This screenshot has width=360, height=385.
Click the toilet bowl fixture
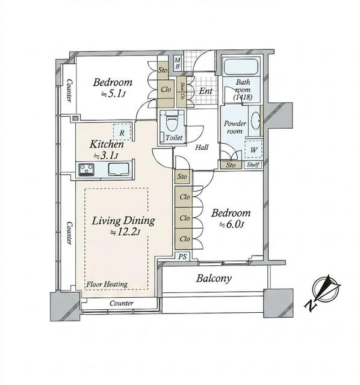[x=172, y=122]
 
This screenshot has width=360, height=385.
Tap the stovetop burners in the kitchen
[x=86, y=170]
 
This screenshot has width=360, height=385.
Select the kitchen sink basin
[x=119, y=170]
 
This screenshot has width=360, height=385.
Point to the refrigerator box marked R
[x=122, y=132]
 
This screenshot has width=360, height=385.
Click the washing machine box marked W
[x=253, y=149]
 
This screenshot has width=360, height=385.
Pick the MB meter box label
[x=178, y=63]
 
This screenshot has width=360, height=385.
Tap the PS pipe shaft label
[x=182, y=257]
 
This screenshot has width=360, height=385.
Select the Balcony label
[x=214, y=279]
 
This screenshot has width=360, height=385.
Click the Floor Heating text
[x=107, y=285]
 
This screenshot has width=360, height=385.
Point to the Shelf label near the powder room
[x=253, y=164]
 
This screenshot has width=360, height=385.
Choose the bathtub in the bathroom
[x=241, y=66]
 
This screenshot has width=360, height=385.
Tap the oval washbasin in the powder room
[x=256, y=120]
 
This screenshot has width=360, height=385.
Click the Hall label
[x=202, y=147]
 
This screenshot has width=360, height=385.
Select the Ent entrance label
[x=205, y=91]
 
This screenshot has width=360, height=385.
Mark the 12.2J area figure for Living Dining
[x=125, y=232]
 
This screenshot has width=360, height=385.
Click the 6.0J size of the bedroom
[x=232, y=224]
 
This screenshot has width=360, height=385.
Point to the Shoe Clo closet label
[x=182, y=90]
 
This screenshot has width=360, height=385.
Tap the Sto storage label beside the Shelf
[x=231, y=165]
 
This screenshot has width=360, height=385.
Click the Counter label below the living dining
[x=122, y=303]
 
